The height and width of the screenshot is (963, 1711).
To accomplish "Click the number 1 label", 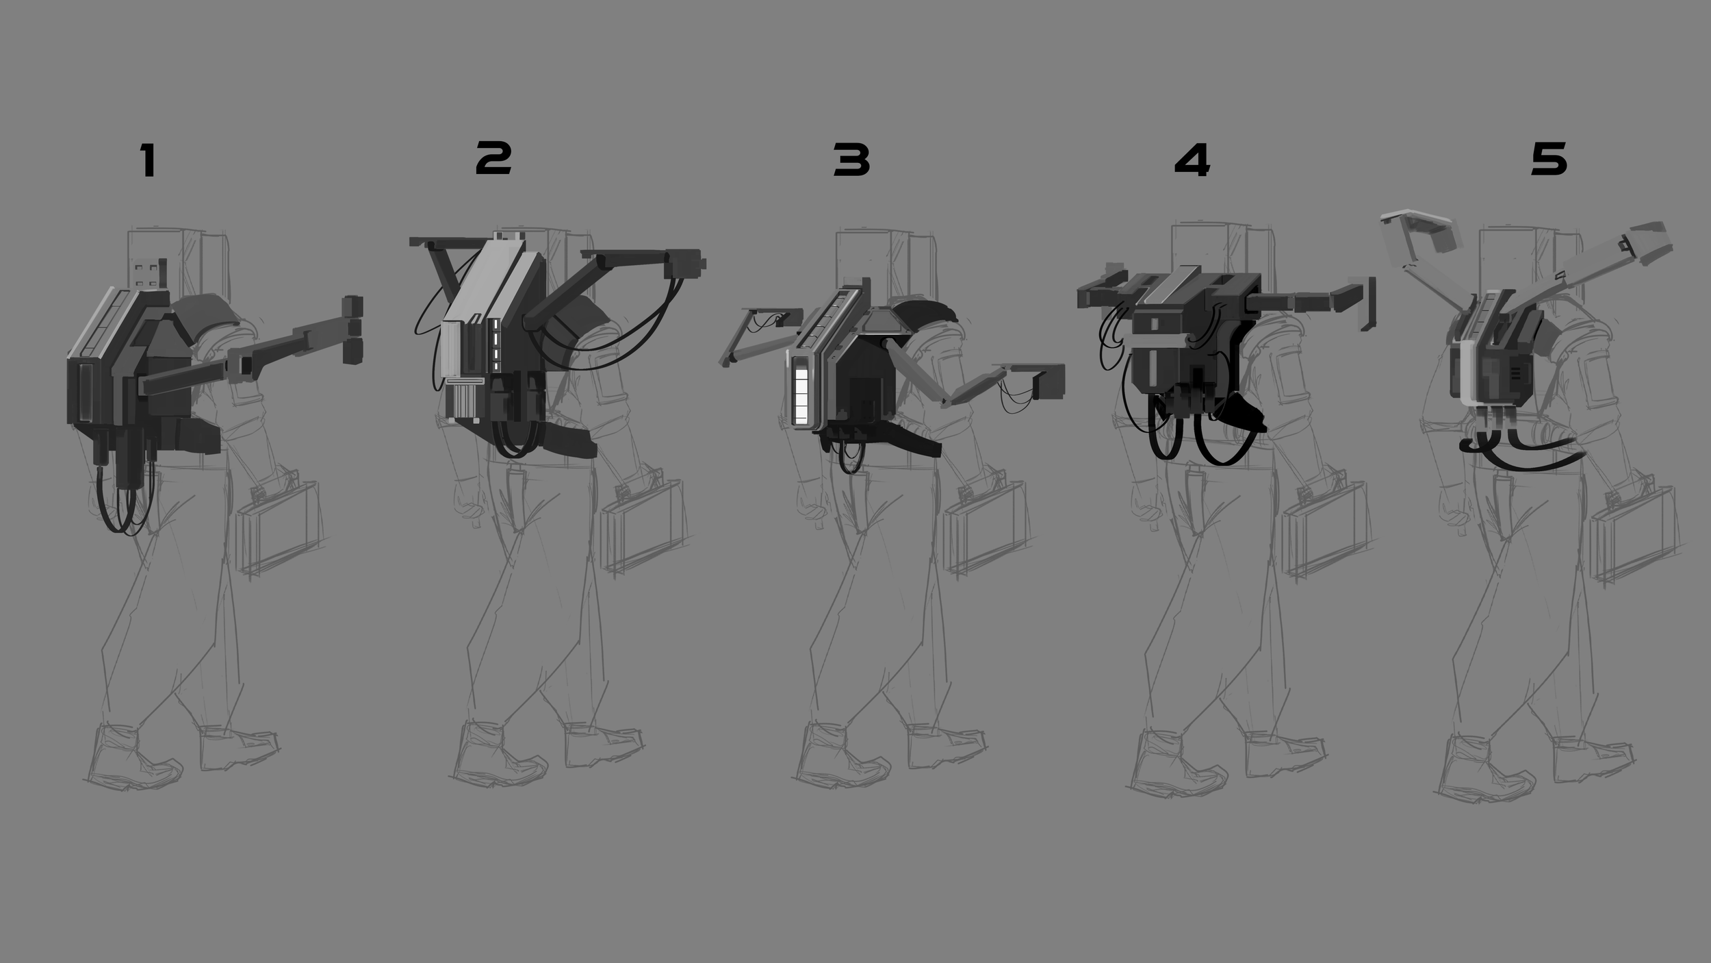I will click(148, 160).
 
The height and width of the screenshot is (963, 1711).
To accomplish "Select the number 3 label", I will click(851, 160).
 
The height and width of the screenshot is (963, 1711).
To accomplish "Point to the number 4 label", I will click(1192, 160).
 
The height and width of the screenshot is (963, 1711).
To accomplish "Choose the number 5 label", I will click(1549, 160).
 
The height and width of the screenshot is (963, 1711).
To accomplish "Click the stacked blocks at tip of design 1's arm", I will click(352, 329).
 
